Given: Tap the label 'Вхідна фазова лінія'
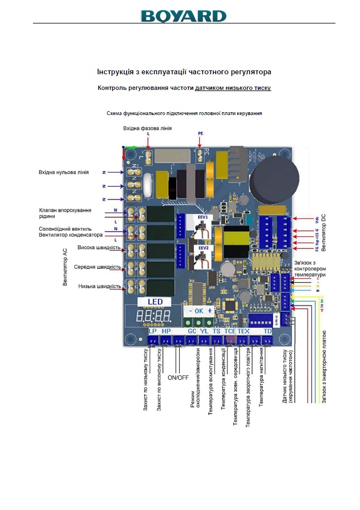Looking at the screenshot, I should pos(147,128).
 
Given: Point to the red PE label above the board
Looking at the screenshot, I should pos(201,134).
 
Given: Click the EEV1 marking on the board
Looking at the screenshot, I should pos(202,216).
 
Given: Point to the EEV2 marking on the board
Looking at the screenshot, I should pos(202,247).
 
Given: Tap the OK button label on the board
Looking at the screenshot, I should pos(200,311).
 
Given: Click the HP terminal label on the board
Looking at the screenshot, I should pos(166,331).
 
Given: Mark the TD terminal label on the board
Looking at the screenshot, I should pos(267,331).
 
